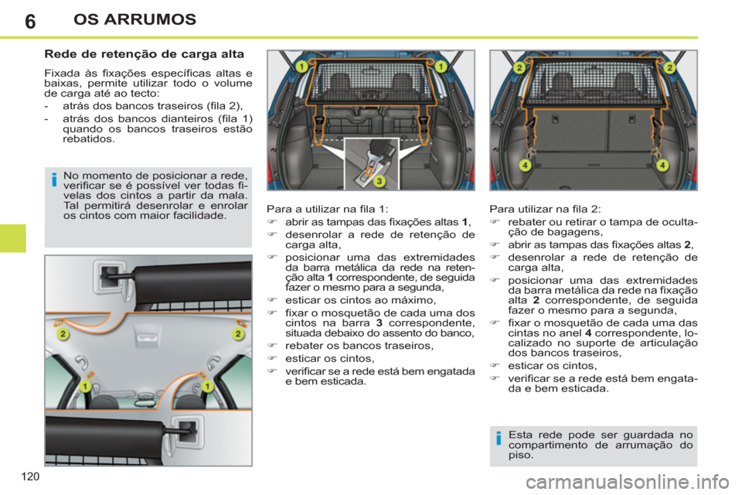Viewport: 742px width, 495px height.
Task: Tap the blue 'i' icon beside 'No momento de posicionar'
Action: [x=54, y=182]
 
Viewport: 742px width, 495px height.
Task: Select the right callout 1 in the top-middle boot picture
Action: [x=440, y=67]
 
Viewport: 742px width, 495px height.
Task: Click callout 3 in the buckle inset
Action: [x=380, y=181]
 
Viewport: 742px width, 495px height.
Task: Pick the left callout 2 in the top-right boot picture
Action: [x=519, y=68]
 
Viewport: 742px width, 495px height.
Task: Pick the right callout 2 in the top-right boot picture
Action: [x=669, y=68]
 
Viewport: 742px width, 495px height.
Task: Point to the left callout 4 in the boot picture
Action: [x=525, y=166]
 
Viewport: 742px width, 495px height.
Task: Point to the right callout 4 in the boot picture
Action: [x=662, y=166]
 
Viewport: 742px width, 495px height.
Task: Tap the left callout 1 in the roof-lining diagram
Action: [x=86, y=384]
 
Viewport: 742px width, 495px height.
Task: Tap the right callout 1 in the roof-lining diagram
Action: [x=207, y=384]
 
